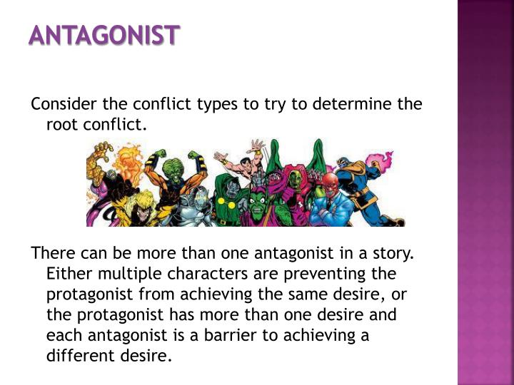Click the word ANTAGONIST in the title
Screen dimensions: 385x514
104,35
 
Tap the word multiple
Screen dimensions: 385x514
127,274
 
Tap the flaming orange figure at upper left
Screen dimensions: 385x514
128,160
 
